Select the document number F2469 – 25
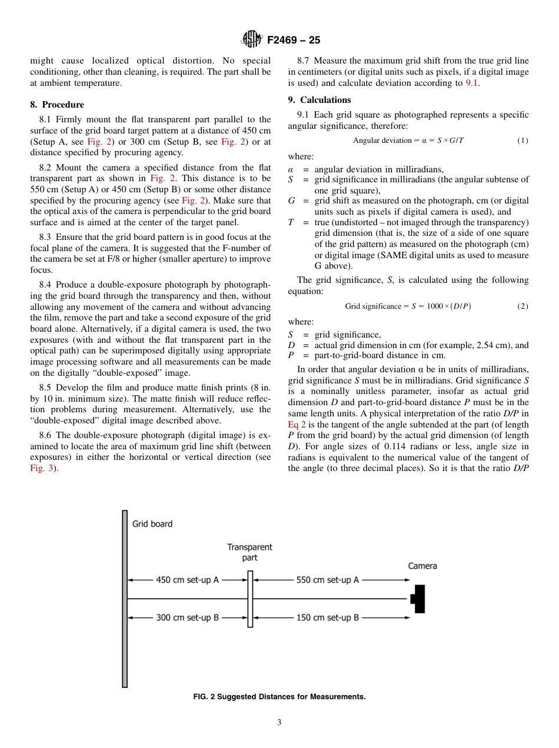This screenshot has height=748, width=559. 294,41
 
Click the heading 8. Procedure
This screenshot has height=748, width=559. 57,105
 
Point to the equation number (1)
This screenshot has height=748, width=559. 523,141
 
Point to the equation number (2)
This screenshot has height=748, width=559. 523,306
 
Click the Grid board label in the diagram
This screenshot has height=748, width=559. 152,524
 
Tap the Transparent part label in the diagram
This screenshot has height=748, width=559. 249,552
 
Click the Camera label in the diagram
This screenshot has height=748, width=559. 422,566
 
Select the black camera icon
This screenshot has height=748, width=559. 418,599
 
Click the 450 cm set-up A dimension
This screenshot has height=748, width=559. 187,580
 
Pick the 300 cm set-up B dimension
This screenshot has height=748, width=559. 187,617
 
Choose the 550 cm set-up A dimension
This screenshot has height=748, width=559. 327,580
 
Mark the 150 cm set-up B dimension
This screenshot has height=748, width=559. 327,617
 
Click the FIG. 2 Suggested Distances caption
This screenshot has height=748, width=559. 279,697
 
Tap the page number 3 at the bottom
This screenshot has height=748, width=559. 279,723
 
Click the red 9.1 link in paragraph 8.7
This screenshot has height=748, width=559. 472,83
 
